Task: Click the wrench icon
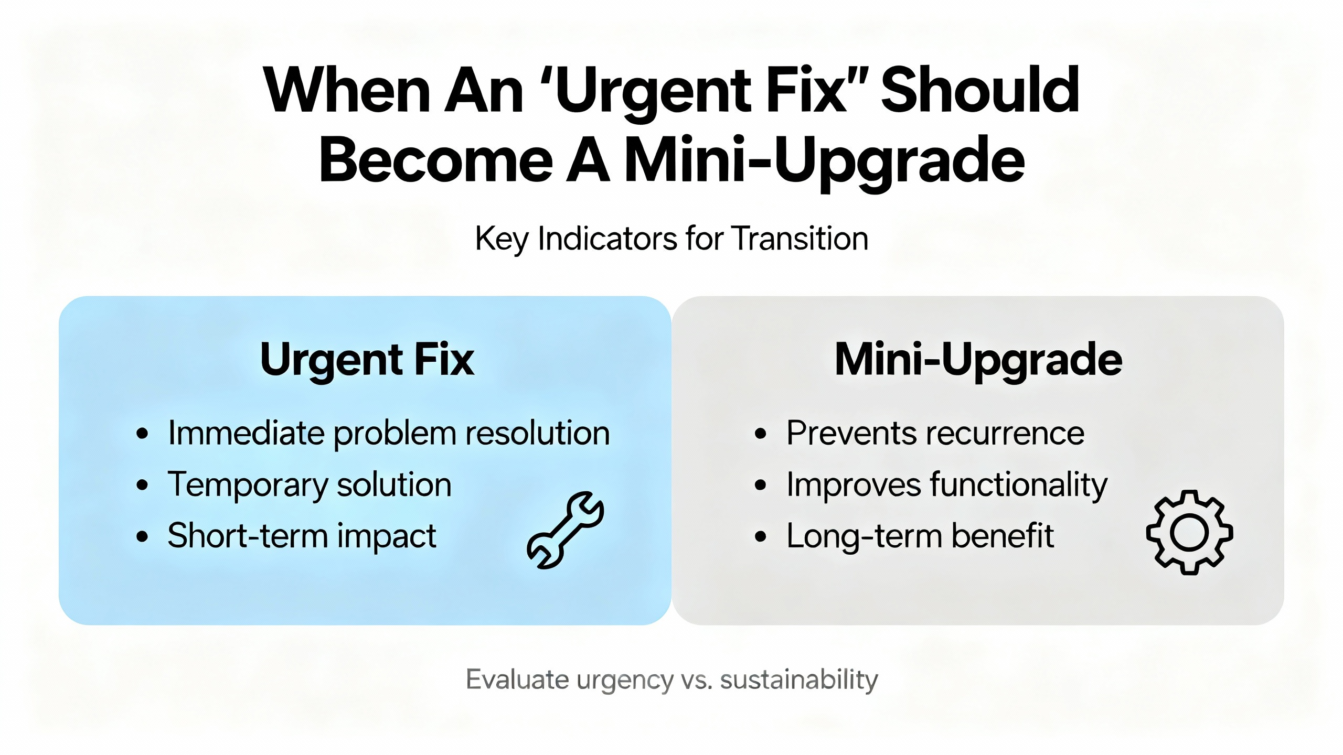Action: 565,530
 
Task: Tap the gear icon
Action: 1189,532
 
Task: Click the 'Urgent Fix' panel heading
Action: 367,360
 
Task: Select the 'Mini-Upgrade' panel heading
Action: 978,360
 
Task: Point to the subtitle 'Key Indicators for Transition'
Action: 671,239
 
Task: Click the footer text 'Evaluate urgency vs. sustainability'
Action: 671,680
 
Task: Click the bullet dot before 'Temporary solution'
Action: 142,485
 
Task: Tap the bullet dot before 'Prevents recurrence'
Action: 761,434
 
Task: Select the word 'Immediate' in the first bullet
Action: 246,433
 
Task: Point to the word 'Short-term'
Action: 248,536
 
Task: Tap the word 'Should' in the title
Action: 980,90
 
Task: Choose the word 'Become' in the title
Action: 436,159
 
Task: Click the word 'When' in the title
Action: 346,90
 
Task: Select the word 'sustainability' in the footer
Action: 799,680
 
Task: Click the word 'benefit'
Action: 1003,535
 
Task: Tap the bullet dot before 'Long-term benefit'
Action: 761,536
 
